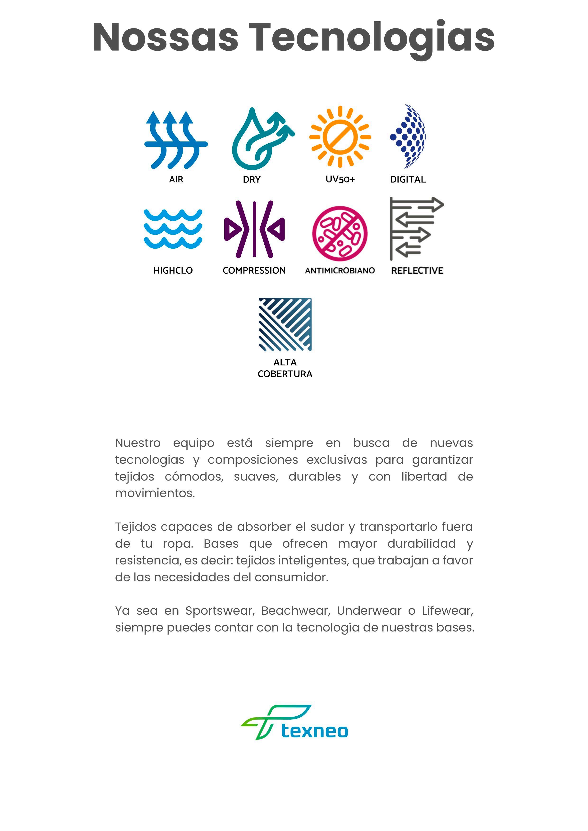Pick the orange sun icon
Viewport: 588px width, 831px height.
[340, 137]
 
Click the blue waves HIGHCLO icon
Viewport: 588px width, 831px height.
[173, 229]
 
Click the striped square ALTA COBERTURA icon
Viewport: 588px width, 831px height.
[285, 324]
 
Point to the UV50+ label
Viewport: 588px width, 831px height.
[340, 179]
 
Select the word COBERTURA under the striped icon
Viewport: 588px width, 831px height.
[285, 374]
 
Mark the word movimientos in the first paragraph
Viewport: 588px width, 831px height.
[155, 493]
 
